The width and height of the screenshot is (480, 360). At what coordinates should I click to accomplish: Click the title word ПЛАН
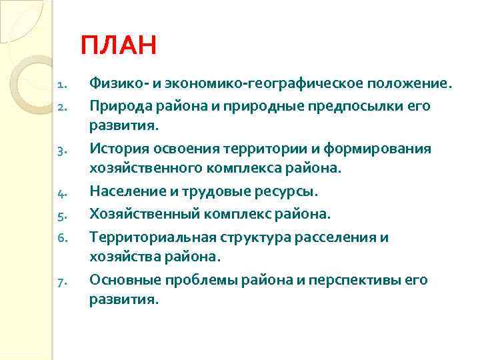tap(118, 46)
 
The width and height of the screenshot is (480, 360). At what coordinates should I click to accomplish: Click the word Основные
tap(122, 280)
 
